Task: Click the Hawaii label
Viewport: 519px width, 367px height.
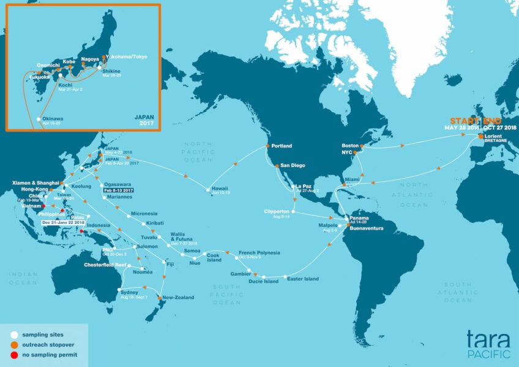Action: [x=220, y=188]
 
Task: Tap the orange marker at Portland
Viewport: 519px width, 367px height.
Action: [x=267, y=146]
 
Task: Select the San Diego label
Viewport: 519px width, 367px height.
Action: [x=293, y=166]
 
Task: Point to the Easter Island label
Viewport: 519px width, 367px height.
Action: [x=303, y=279]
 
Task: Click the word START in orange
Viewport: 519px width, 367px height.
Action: [x=465, y=120]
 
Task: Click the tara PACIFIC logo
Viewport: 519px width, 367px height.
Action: [x=488, y=341]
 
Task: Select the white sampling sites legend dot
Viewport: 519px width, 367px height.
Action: [x=13, y=335]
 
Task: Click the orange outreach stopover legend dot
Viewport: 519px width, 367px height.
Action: [x=13, y=345]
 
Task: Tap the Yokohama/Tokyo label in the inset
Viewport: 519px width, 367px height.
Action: [x=127, y=57]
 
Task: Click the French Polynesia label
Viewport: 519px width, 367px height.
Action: [x=259, y=253]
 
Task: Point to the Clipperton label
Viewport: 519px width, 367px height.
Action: [x=276, y=212]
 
